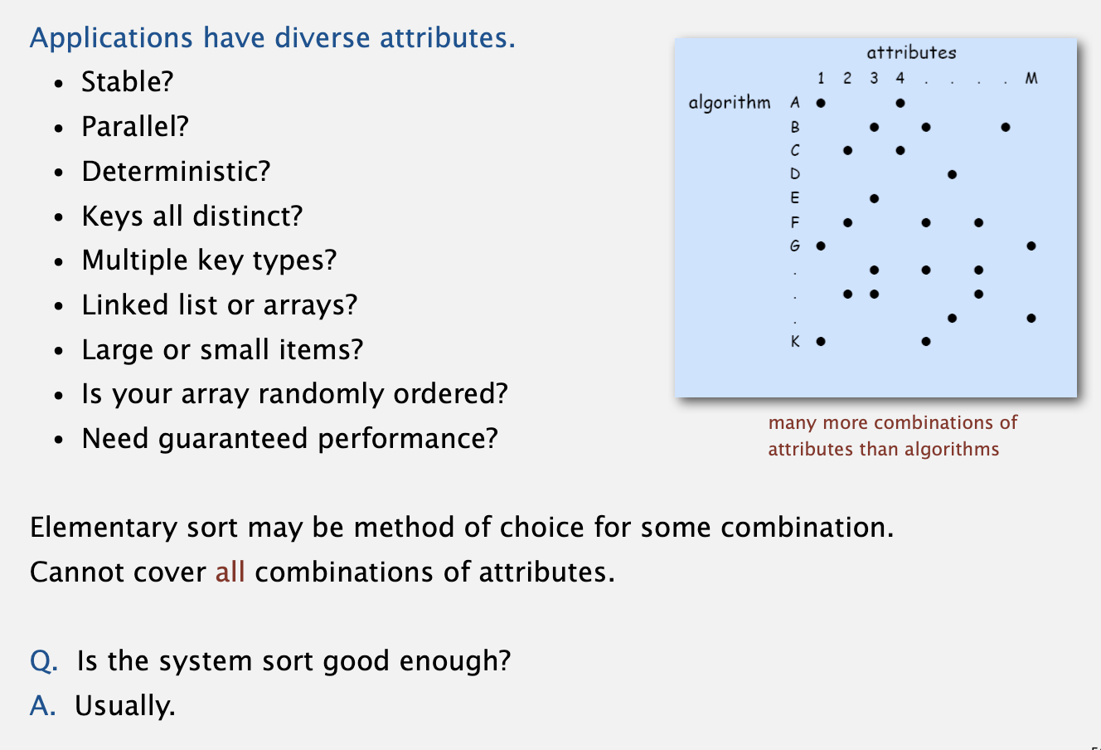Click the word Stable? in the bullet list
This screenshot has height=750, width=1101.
click(128, 81)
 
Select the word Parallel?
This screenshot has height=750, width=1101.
click(135, 126)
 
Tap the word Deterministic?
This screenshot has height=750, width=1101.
click(176, 171)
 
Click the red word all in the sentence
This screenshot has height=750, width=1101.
click(230, 572)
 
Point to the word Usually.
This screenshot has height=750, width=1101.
click(125, 706)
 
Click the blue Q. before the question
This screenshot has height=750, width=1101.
click(44, 660)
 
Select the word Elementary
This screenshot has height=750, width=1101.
click(104, 528)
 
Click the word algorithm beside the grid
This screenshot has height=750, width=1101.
click(730, 103)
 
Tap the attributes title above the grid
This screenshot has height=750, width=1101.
click(911, 52)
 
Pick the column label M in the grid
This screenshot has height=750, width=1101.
click(1031, 78)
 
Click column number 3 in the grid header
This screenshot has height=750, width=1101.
click(874, 78)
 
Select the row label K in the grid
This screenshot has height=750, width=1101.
click(795, 341)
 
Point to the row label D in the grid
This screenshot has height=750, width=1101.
click(795, 174)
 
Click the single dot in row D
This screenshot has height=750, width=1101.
click(952, 174)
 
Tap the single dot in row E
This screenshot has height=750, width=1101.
click(874, 198)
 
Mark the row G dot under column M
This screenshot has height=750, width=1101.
click(1031, 246)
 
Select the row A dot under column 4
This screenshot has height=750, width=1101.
click(900, 103)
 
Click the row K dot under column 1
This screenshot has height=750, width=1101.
click(821, 341)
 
